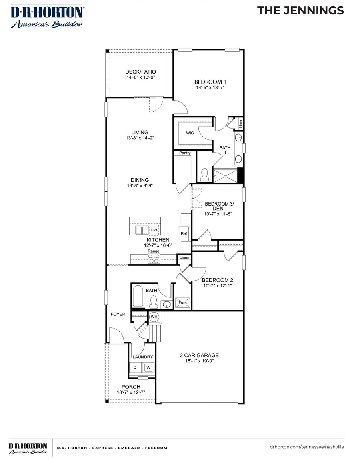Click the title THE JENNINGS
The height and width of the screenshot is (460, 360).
(300, 10)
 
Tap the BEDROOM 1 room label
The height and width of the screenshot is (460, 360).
(207, 82)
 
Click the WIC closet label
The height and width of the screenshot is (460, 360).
(190, 133)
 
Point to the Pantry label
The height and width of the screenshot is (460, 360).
(185, 153)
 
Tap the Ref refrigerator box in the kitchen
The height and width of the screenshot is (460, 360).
(184, 233)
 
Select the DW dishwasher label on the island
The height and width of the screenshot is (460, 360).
(154, 230)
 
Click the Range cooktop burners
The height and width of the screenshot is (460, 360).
(154, 259)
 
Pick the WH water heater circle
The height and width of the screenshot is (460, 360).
(154, 317)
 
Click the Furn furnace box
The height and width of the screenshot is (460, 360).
(182, 303)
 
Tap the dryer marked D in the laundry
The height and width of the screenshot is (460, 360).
(135, 367)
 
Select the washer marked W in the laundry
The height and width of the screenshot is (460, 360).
(148, 367)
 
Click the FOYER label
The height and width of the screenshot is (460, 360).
(118, 314)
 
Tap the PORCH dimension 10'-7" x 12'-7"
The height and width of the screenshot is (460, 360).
(131, 393)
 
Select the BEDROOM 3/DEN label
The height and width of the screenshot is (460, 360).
(218, 206)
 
